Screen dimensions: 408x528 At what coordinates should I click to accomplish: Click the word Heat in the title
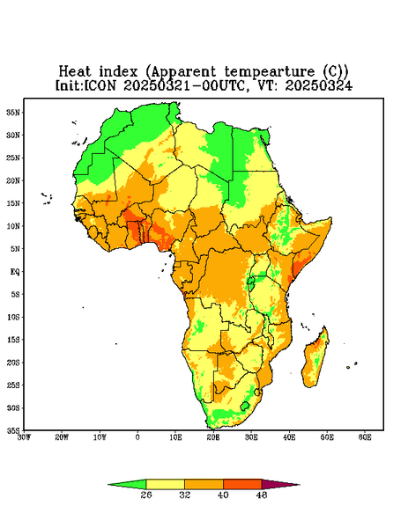tap(75, 71)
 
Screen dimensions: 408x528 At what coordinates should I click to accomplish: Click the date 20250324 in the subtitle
tap(319, 85)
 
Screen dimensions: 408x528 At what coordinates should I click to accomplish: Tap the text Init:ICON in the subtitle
tap(85, 85)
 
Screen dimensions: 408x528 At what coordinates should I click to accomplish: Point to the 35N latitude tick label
tap(13, 112)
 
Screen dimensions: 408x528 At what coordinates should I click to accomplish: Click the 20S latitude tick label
tap(13, 363)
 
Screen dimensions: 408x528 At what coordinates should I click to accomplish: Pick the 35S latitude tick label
tap(13, 430)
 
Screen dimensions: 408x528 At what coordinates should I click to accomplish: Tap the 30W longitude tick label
tap(25, 437)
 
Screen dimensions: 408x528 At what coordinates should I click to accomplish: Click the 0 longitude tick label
tap(137, 437)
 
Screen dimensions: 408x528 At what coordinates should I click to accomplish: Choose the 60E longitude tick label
tap(365, 437)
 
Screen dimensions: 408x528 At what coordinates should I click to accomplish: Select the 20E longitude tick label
tap(213, 437)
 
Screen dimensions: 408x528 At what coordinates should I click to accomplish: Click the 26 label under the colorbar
tap(146, 495)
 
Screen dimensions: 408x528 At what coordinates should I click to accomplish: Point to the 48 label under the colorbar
tap(262, 495)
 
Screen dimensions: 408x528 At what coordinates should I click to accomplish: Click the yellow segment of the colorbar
tap(165, 484)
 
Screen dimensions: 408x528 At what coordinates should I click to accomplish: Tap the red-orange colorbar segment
tap(242, 484)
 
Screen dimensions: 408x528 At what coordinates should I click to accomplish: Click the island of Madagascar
tap(316, 359)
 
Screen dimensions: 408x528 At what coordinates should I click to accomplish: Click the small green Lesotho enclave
tap(245, 406)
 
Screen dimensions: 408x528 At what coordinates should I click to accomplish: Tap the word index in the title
tap(118, 71)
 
